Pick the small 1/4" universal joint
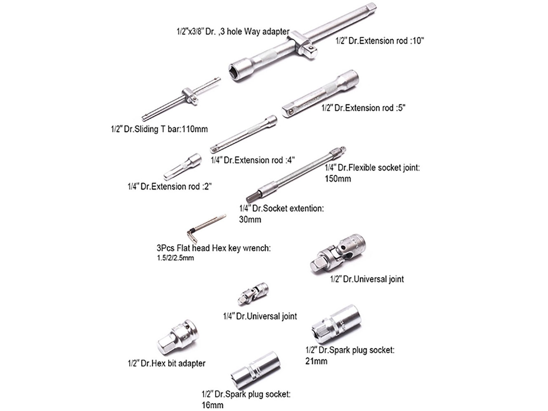click(253, 293)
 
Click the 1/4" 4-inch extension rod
click(243, 135)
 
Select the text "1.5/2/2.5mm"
click(175, 258)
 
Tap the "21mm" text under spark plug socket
click(316, 361)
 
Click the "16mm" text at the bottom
click(213, 405)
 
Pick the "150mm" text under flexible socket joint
click(338, 179)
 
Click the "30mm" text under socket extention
click(250, 220)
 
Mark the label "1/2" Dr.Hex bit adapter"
click(167, 364)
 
